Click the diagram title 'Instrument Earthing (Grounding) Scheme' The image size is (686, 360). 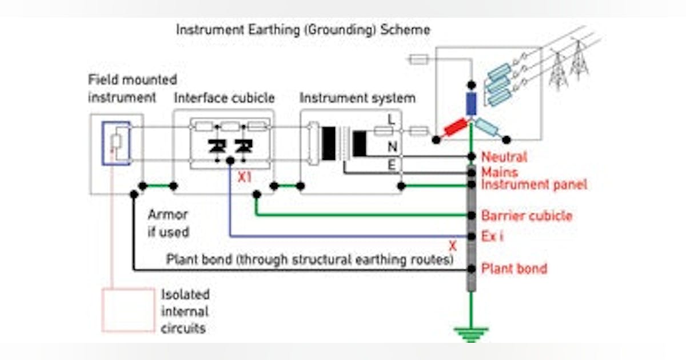[303, 30]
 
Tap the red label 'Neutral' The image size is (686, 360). [504, 157]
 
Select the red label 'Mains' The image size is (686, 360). [500, 171]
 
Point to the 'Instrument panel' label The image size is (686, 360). [534, 185]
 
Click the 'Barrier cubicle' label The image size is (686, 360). [527, 216]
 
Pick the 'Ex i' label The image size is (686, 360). [492, 236]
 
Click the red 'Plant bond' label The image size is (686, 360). [514, 268]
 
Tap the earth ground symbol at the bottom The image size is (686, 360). [470, 333]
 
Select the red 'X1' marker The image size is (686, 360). [245, 178]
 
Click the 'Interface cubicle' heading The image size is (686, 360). [224, 98]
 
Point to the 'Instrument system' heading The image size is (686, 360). [357, 98]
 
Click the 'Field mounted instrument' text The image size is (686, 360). [132, 89]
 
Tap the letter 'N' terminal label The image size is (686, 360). [392, 147]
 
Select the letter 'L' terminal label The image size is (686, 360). [392, 121]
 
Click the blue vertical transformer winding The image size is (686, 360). [470, 103]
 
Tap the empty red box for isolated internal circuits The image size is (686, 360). [129, 310]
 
